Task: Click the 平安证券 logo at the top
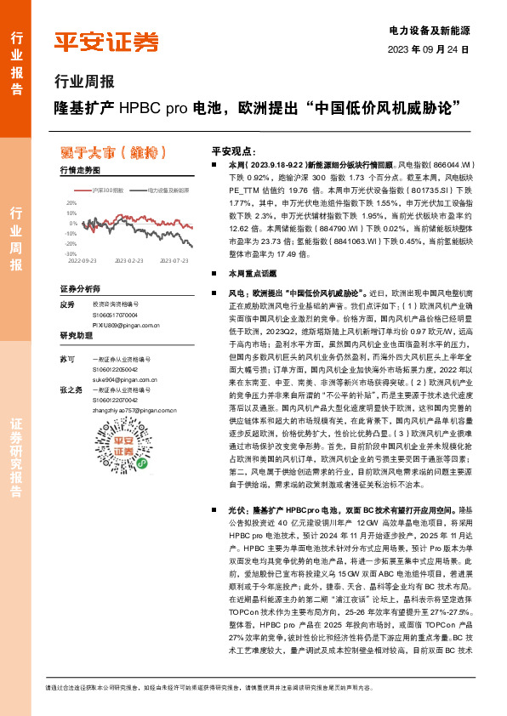107,41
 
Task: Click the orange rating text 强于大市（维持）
111,153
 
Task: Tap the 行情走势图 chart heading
81,171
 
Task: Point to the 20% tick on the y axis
71,204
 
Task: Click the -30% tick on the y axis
71,253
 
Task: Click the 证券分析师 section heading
81,289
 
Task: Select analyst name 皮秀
67,304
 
